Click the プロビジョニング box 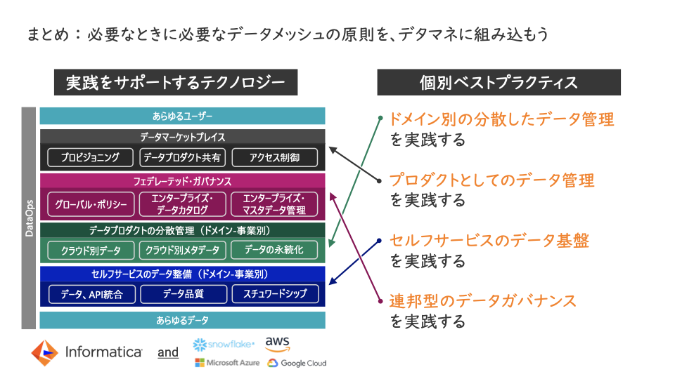pos(90,157)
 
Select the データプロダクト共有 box pos(182,157)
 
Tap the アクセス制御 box pos(275,157)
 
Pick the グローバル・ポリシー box pos(91,204)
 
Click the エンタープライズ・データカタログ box pos(183,204)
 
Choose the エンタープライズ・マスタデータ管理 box pos(274,204)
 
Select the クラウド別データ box pos(91,250)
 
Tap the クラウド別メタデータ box pos(183,250)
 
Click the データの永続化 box pos(274,250)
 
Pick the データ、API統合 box pos(91,294)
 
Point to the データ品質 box pos(184,294)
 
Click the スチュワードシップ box pos(276,294)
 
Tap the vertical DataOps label pos(29,218)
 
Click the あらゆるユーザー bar pos(183,116)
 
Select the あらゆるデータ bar pos(183,320)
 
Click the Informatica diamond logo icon pos(44,353)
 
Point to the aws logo pos(277,344)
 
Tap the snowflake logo pos(224,345)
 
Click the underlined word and pos(168,353)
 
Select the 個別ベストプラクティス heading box pos(499,82)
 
